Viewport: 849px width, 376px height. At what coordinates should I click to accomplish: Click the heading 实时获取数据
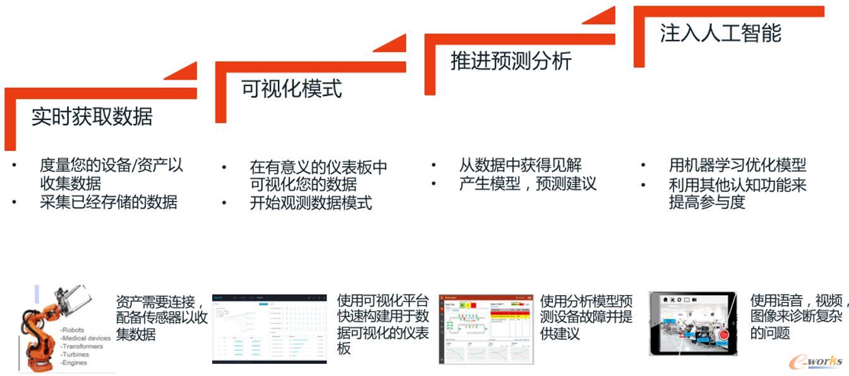pos(92,117)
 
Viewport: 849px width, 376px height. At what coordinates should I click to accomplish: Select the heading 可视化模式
pos(291,88)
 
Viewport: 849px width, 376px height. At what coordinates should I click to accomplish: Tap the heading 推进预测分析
pos(510,61)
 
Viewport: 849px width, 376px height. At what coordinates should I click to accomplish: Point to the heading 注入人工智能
pos(720,33)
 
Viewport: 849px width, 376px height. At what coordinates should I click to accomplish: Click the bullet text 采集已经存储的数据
pos(108,202)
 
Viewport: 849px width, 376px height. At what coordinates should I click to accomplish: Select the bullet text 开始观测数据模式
pos(311,203)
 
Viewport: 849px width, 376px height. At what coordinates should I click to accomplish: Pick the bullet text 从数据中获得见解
pos(520,166)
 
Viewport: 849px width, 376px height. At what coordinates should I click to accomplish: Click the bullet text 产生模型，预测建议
pos(527,185)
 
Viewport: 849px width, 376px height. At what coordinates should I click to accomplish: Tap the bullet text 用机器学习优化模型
pos(737,166)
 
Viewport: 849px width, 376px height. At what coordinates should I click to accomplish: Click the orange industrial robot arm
pos(38,329)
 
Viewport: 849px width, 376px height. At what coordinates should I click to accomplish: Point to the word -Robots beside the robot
pos(72,330)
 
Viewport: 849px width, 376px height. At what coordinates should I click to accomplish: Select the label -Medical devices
pos(85,338)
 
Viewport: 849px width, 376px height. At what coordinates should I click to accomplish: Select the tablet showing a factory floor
pos(692,324)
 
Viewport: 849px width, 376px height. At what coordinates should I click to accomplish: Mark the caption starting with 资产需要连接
pos(162,318)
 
